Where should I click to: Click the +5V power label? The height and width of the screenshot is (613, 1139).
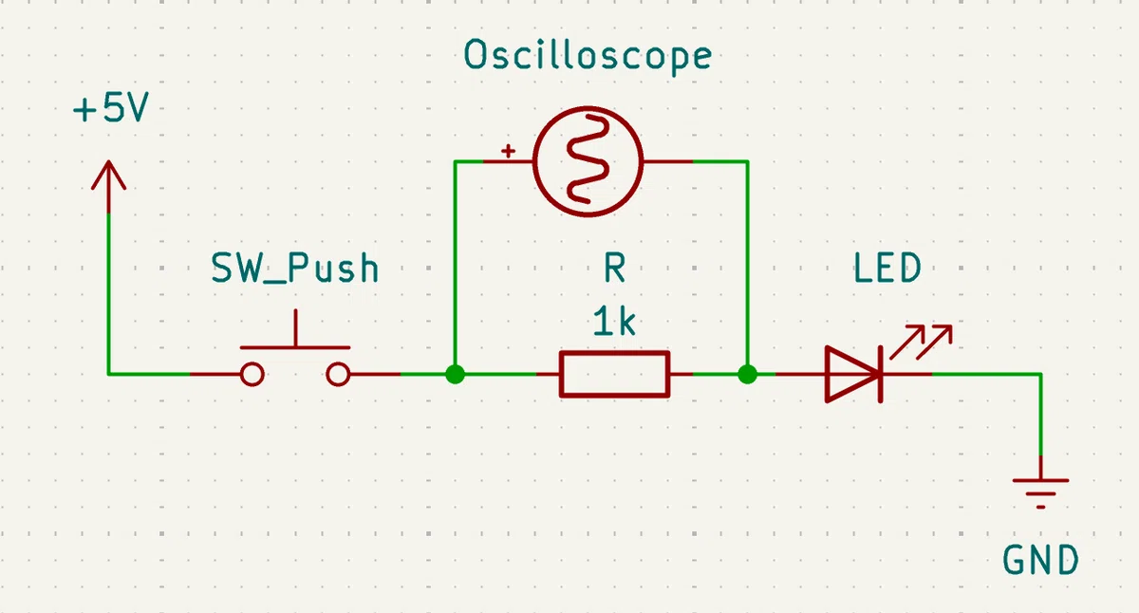(111, 108)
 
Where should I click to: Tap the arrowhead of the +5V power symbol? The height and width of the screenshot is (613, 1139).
(108, 176)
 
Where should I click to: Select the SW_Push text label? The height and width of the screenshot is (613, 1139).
(295, 268)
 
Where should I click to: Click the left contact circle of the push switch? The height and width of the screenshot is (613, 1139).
(252, 375)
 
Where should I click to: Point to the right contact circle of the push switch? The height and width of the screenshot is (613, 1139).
(338, 375)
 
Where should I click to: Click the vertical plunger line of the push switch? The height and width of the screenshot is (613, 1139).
(295, 327)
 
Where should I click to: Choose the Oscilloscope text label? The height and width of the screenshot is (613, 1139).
(588, 56)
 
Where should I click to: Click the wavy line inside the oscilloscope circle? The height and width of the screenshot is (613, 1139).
(588, 159)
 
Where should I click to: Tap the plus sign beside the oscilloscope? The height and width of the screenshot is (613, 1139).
(508, 151)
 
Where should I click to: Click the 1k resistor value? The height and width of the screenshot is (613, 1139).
(614, 322)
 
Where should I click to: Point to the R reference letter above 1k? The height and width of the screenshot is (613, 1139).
(615, 268)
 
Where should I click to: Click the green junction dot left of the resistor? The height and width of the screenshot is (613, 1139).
(455, 375)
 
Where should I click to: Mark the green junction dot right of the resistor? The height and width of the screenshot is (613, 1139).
(748, 375)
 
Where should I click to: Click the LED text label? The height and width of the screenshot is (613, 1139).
(887, 268)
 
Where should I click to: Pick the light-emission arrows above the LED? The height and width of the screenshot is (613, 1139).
(922, 342)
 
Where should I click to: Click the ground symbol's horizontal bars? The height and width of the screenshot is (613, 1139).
(1041, 493)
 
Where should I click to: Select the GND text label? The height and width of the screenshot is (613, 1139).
(1041, 560)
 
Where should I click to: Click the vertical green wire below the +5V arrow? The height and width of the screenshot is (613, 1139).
(108, 294)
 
